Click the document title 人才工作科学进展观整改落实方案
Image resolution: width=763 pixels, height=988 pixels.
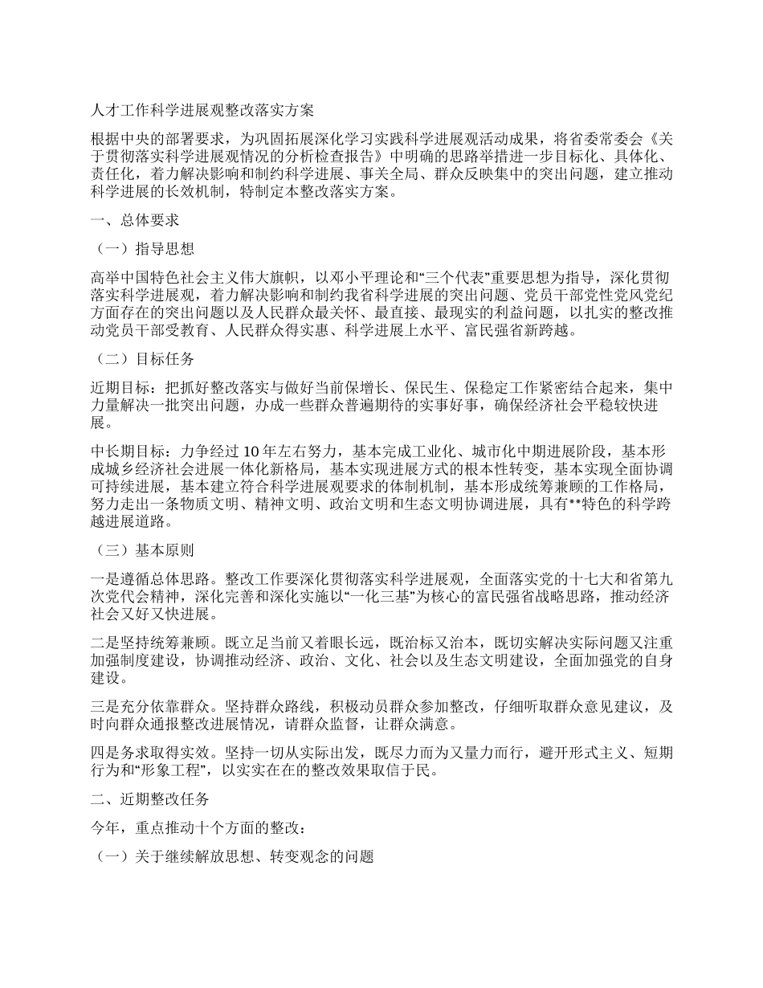tap(202, 108)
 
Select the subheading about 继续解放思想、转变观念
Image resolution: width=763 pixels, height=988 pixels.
tap(234, 857)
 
